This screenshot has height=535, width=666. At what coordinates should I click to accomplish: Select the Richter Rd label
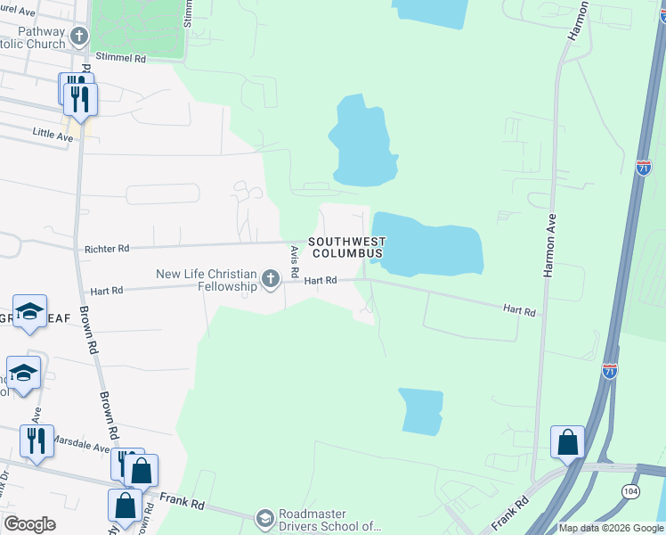pos(106,249)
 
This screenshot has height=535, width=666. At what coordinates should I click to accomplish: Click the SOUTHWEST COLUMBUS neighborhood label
pos(347,247)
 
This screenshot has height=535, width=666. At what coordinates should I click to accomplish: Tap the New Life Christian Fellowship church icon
pos(271,280)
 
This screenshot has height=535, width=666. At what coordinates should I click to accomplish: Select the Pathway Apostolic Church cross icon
pos(79,37)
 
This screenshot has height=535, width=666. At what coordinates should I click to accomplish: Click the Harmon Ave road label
pos(550,245)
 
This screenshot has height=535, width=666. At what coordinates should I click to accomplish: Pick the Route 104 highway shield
pos(631,490)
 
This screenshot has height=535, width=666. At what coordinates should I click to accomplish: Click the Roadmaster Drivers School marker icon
pos(264,518)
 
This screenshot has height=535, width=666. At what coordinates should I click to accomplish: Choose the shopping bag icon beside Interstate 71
pos(567,441)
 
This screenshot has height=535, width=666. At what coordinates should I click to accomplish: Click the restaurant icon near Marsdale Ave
pos(37,440)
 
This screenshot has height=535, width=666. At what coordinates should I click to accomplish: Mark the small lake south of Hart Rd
pos(420,411)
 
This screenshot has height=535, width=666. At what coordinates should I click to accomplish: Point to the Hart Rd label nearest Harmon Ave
pos(519,310)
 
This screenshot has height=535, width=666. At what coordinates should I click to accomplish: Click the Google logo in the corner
pos(29,524)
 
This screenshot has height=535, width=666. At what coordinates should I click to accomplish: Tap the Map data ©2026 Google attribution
pos(610,528)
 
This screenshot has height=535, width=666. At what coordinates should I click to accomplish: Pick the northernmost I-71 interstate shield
pos(644,167)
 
